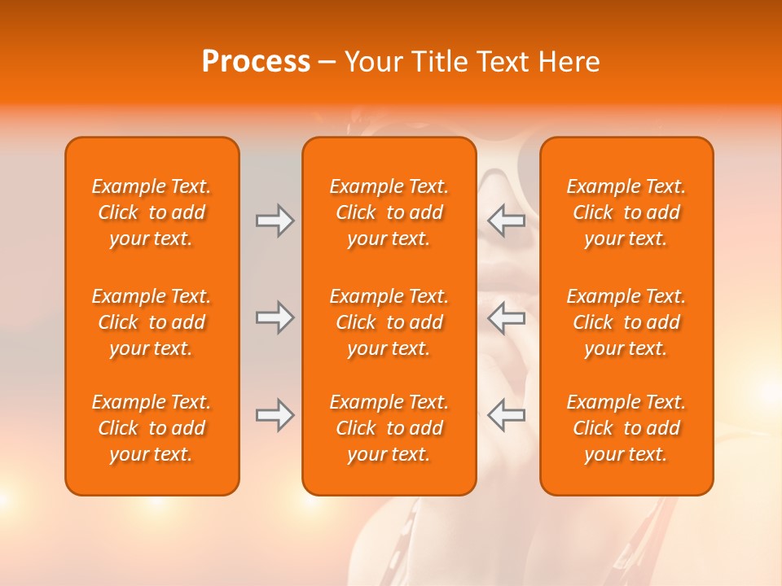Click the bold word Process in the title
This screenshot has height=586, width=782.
256,62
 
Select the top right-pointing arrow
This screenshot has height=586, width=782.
275,221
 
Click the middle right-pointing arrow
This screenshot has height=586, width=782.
275,317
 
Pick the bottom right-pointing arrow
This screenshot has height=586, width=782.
275,415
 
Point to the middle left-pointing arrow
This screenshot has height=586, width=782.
507,317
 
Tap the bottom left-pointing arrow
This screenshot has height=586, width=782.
507,415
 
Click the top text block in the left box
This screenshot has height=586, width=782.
152,212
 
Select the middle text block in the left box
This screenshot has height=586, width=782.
152,322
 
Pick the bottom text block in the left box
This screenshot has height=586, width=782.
152,428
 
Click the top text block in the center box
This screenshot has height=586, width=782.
389,212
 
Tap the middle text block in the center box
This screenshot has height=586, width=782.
389,322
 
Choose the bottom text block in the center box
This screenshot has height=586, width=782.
389,428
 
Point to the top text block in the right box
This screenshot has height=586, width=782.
626,212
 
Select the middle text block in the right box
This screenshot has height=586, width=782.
626,322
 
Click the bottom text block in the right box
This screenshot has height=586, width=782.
626,428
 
